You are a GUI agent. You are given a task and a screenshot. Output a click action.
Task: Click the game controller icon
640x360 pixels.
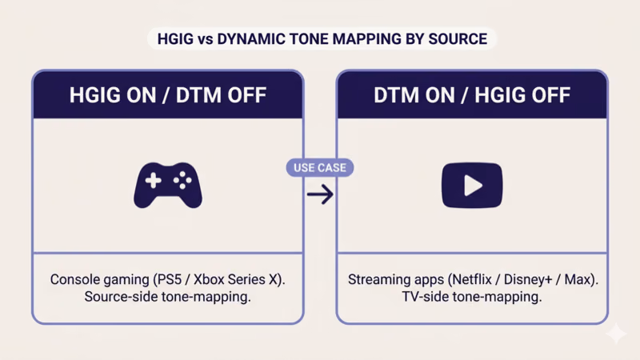coord(168,185)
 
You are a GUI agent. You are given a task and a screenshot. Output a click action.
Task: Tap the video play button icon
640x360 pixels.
coord(472,185)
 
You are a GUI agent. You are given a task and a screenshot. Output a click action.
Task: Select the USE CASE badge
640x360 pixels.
coord(320,168)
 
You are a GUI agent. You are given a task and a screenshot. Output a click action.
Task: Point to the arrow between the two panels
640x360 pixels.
coord(320,194)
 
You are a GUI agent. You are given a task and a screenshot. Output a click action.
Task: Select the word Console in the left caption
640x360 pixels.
coord(74,281)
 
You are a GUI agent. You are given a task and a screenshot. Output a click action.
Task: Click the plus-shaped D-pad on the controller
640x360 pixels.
coord(152,182)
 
